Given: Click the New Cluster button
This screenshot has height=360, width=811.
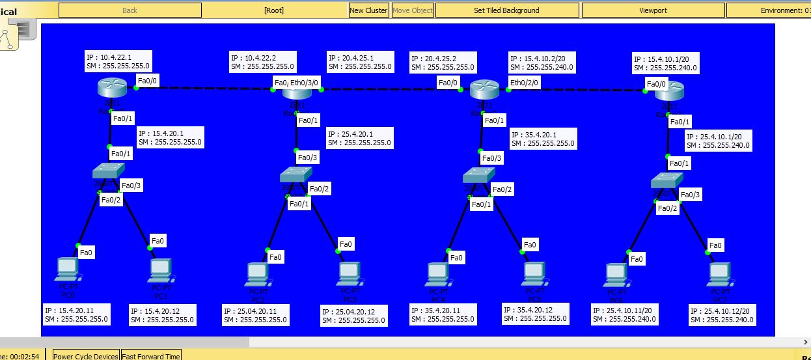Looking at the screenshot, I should point(368,10).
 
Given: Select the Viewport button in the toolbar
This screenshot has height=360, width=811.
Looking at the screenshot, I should point(653,10).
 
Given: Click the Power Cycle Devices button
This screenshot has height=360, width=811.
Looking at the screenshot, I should point(85,356).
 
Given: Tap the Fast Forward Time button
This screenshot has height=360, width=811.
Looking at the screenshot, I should point(151,356).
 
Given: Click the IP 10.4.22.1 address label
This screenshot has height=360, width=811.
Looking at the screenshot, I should point(118,61).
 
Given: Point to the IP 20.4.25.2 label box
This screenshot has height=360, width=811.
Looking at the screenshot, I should point(443,62).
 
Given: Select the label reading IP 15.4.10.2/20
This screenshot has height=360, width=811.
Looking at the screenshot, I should point(542,62).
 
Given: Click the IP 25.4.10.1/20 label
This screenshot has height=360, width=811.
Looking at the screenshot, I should point(718,141).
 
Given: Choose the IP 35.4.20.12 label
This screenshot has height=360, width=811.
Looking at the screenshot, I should point(535,314).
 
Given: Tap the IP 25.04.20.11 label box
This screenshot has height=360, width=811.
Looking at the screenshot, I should point(255,315).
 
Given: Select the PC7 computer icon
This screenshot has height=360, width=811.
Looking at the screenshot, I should point(719,273).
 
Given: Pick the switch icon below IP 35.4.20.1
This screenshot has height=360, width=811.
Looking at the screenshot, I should point(480,174).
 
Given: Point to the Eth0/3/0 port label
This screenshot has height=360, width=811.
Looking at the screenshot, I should point(305,83).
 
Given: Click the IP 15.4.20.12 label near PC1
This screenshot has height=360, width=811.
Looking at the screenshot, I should point(162,315).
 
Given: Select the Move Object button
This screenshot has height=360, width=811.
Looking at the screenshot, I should point(413,10).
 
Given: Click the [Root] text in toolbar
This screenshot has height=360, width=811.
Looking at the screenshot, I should point(274,10).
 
